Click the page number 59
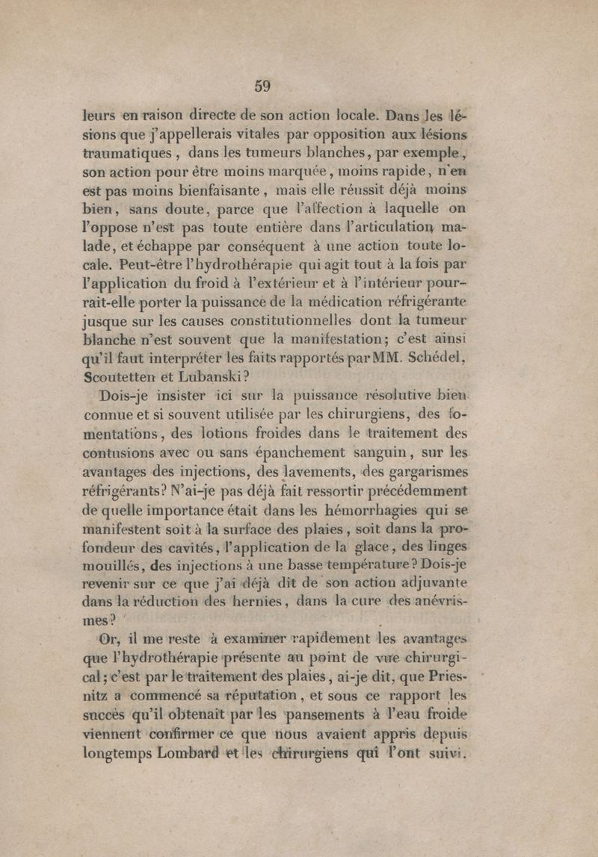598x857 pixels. pyautogui.click(x=262, y=86)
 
